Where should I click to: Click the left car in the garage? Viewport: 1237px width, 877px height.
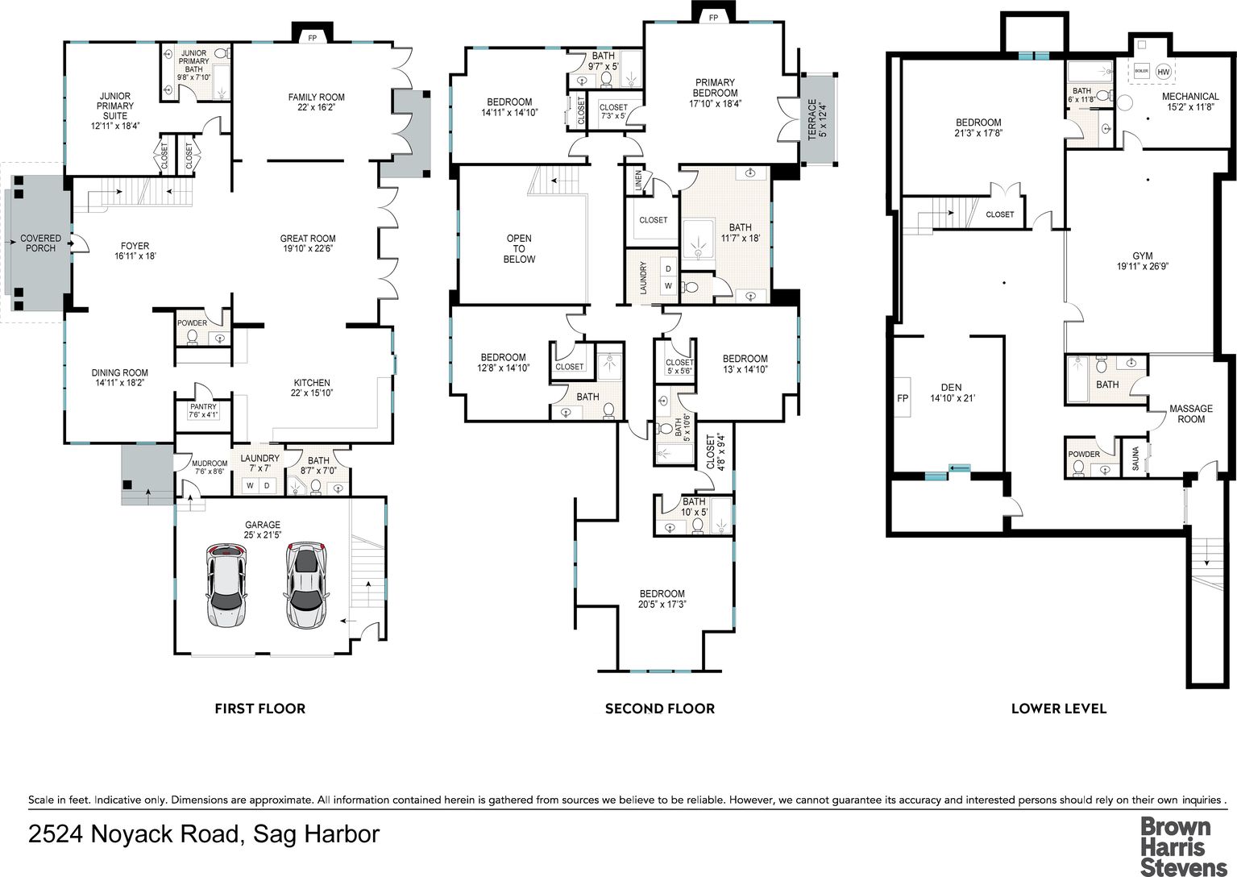coord(226,585)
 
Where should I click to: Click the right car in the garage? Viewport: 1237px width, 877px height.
coord(306,585)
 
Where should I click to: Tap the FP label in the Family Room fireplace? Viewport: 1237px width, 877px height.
coord(313,38)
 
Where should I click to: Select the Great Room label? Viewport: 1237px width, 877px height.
coord(308,243)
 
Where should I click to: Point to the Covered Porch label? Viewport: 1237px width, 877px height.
coord(41,243)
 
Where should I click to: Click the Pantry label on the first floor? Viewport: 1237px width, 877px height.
coord(203,410)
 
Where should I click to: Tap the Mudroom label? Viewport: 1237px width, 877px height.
coord(210,468)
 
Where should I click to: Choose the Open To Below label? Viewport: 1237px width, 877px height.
coord(519,248)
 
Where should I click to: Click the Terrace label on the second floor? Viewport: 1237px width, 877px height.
coord(817,119)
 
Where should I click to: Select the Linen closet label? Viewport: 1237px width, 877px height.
coord(639,181)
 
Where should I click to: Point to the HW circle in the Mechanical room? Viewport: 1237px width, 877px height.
coord(1163,71)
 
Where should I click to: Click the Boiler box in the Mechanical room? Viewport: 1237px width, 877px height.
coord(1141,71)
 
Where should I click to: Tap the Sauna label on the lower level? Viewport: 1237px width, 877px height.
coord(1135,459)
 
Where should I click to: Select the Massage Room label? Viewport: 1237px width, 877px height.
coord(1191,414)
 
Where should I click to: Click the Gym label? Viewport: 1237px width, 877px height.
coord(1143,260)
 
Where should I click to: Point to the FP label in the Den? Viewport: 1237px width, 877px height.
coord(903,398)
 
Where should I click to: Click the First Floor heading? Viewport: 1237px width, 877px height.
coord(260,709)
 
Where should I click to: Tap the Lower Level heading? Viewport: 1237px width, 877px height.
coord(1059,709)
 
